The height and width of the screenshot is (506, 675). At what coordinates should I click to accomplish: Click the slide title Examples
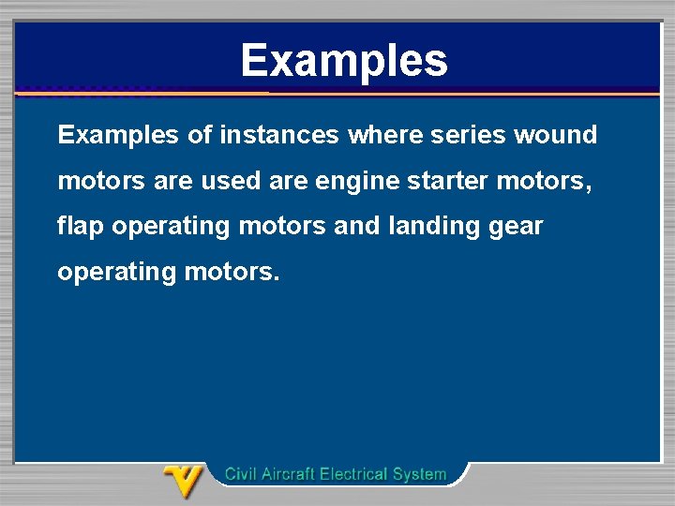tap(344, 61)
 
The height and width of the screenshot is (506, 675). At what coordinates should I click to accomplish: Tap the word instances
tap(278, 136)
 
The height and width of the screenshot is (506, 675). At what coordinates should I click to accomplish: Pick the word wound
tap(556, 136)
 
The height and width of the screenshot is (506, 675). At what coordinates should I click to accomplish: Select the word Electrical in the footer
tap(354, 474)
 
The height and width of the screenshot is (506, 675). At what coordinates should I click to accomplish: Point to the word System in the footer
tap(420, 475)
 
